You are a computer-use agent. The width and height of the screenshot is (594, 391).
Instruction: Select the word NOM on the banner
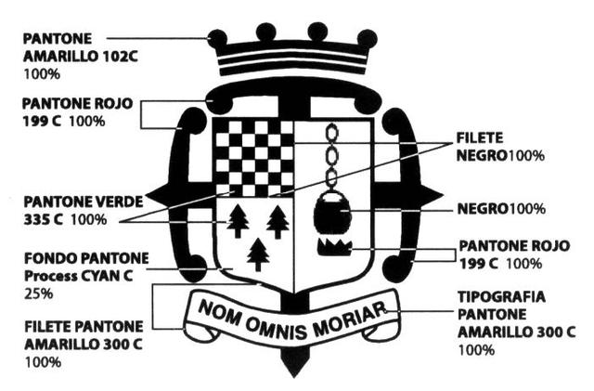pos(219,312)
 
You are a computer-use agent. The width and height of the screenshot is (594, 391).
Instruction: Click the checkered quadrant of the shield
pos(253,153)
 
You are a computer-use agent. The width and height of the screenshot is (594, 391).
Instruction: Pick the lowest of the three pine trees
pos(258,253)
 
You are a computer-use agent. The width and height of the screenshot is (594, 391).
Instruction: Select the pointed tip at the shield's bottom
pos(293,368)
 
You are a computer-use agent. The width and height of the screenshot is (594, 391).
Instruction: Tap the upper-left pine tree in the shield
pos(239,221)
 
